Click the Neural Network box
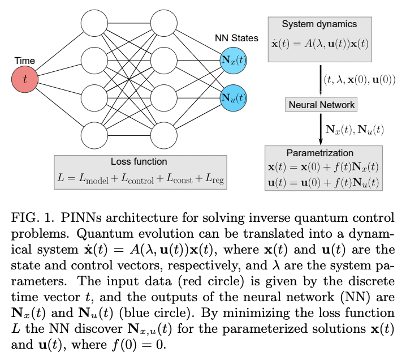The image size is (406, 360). click(x=322, y=105)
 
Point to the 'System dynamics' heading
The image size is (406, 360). click(x=319, y=24)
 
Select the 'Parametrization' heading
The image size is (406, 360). click(x=319, y=153)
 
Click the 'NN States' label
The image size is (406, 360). click(x=236, y=38)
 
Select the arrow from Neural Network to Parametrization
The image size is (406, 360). click(x=319, y=129)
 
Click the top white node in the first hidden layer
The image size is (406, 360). click(x=94, y=24)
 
